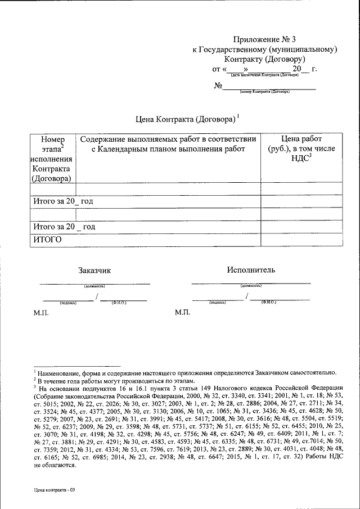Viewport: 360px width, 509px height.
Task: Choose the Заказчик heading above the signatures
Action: pyautogui.click(x=94, y=271)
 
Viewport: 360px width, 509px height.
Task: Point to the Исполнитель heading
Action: pyautogui.click(x=251, y=270)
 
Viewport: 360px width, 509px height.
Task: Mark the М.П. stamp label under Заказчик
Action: pyautogui.click(x=41, y=312)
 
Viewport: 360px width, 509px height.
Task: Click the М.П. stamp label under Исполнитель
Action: pyautogui.click(x=183, y=312)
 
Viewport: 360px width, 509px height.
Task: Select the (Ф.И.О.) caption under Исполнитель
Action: pyautogui.click(x=268, y=302)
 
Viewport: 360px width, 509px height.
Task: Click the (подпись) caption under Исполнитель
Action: pyautogui.click(x=217, y=302)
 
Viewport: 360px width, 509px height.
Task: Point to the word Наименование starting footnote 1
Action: pyautogui.click(x=60, y=372)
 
